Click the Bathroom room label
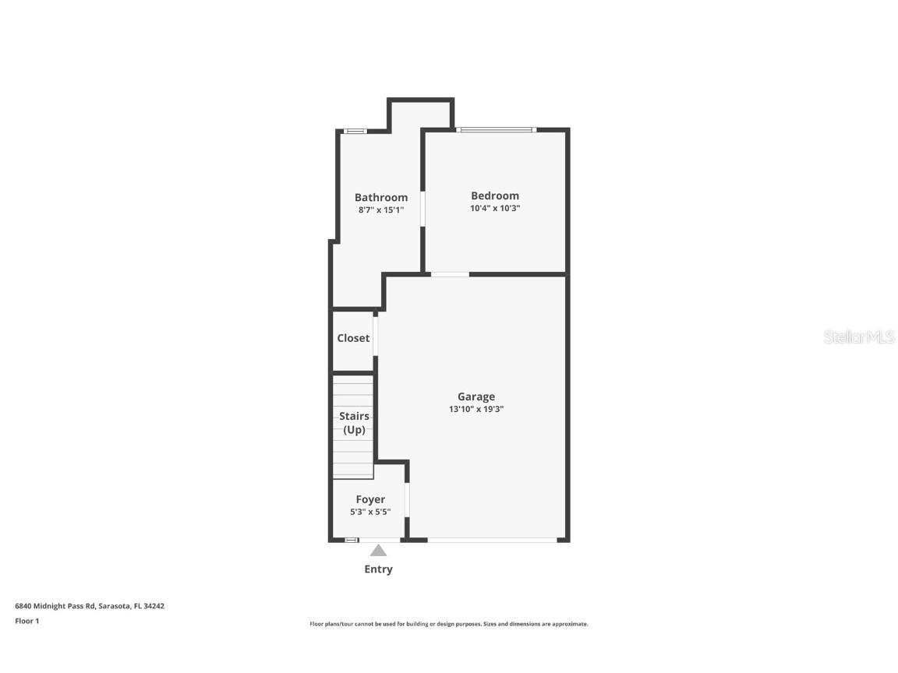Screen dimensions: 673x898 [380, 197]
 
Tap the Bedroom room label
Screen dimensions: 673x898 [494, 196]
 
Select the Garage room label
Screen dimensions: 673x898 [476, 396]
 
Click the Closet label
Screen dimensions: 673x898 [353, 338]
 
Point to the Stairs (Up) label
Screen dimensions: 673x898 [354, 423]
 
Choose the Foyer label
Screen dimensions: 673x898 [370, 499]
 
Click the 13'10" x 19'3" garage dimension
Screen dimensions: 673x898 [476, 409]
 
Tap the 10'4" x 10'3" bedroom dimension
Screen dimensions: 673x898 [494, 208]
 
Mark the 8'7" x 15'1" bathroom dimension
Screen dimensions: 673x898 [380, 210]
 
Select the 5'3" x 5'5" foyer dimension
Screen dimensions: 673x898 [370, 512]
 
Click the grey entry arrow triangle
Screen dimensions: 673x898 [378, 551]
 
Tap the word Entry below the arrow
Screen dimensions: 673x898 [378, 569]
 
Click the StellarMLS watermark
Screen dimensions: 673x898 [859, 336]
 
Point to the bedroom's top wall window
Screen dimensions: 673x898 [496, 129]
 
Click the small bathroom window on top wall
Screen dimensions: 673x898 [355, 131]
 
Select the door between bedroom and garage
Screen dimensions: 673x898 [450, 274]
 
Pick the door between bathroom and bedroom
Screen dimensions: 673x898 [422, 209]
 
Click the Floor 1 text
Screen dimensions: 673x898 [27, 621]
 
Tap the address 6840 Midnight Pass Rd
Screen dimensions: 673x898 [90, 605]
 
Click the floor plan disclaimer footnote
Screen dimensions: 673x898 [448, 624]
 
